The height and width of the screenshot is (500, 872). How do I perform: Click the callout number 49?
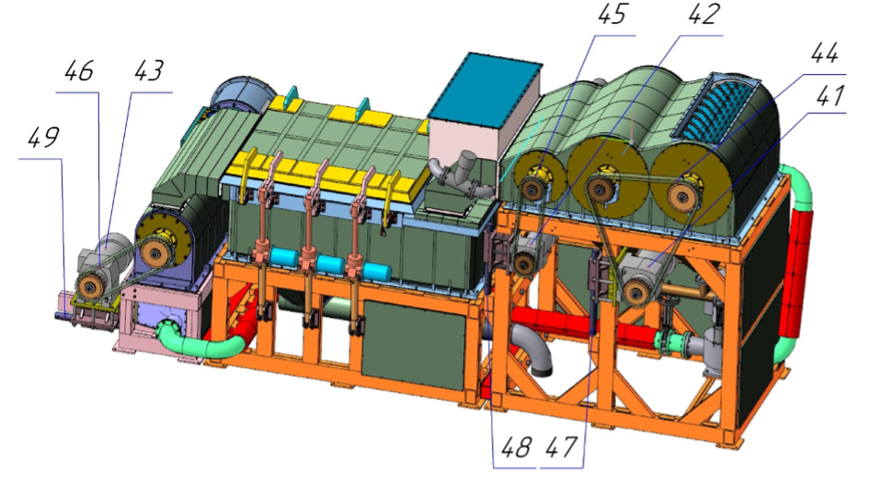click(43, 139)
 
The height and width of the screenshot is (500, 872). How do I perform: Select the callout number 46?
click(80, 72)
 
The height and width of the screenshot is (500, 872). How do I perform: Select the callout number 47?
click(562, 448)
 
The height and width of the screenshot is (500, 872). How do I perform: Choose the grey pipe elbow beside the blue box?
click(459, 173)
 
